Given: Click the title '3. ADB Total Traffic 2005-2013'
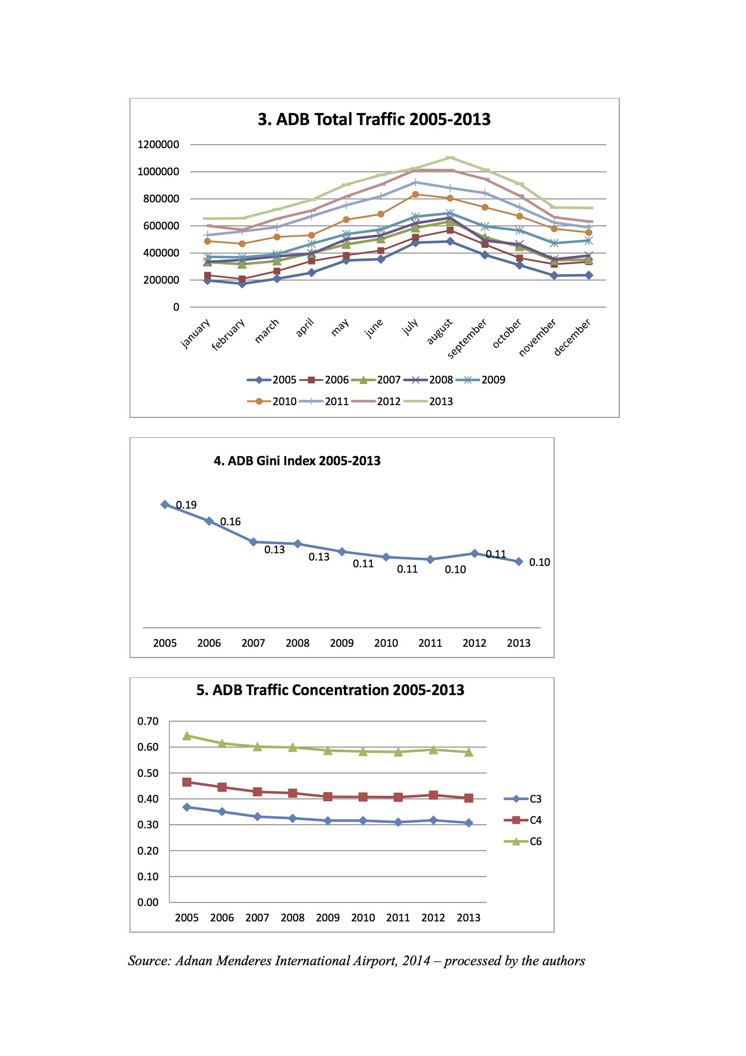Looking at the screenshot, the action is point(374,119).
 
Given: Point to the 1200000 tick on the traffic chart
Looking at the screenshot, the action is point(158,145).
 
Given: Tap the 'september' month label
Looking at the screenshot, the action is point(467,338).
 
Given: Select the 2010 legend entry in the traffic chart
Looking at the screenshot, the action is point(272,402).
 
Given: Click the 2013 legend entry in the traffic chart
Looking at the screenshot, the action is point(428,402).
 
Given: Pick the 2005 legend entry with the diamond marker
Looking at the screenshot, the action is point(272,380).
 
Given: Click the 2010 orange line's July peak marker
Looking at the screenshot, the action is point(416,194).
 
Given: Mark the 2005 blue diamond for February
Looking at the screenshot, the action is point(242,284).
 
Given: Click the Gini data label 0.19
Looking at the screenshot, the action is point(186,505).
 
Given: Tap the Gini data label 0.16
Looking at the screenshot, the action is point(230,522).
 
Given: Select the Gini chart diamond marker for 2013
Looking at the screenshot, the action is point(519,561).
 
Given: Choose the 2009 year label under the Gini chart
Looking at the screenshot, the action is point(342,643).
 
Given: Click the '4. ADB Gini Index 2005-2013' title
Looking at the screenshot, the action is point(297,461).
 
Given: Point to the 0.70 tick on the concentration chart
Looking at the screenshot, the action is point(148,721).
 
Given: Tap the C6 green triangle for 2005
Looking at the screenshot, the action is point(187,736).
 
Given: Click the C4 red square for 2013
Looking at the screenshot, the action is point(469,798).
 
